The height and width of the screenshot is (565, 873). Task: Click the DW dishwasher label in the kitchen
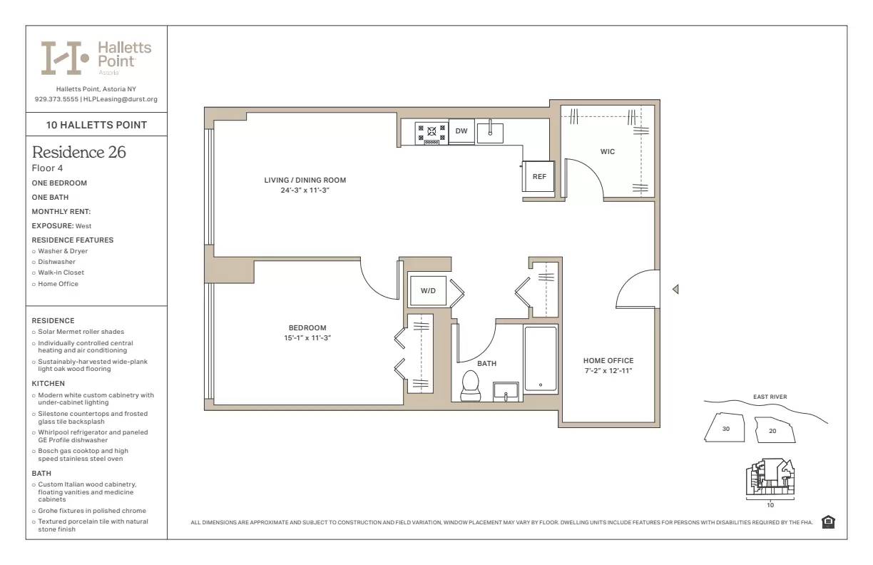[x=461, y=131]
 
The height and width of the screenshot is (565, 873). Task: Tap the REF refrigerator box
[x=539, y=176]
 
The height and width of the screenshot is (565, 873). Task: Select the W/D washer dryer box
[x=428, y=291]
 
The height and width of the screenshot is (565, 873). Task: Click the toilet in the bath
[x=471, y=386]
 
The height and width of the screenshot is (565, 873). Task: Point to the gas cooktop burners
[x=432, y=133]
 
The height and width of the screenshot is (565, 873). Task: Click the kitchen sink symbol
[x=490, y=133]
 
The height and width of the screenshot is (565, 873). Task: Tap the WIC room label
[x=607, y=151]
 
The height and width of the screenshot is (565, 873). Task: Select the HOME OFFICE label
[x=608, y=361]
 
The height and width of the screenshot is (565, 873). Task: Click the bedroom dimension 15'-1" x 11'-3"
[x=307, y=338]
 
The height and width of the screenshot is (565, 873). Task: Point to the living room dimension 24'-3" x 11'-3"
[x=305, y=190]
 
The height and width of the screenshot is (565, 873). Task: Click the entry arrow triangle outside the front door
[x=675, y=290]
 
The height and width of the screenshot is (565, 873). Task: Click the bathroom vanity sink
[x=506, y=392]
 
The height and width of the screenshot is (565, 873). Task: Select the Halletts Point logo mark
[x=64, y=58]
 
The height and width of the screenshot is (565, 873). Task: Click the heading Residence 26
[x=79, y=152]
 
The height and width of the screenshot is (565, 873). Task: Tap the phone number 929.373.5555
[x=56, y=99]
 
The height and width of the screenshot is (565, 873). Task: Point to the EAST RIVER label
[x=770, y=397]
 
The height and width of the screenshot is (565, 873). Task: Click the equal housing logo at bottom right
[x=828, y=522]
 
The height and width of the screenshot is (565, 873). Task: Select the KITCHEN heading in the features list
[x=48, y=384]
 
